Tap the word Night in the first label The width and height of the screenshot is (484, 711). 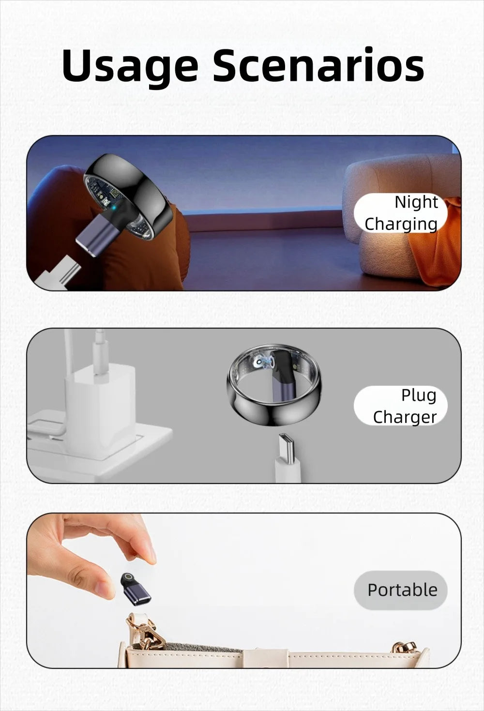coord(416,202)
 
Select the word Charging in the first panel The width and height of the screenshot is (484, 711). coord(401,224)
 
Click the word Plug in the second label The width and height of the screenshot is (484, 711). coord(418,395)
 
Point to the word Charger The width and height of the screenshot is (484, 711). coord(405,417)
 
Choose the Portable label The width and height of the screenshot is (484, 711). coord(402,590)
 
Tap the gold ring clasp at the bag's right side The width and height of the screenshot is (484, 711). coord(408,649)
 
